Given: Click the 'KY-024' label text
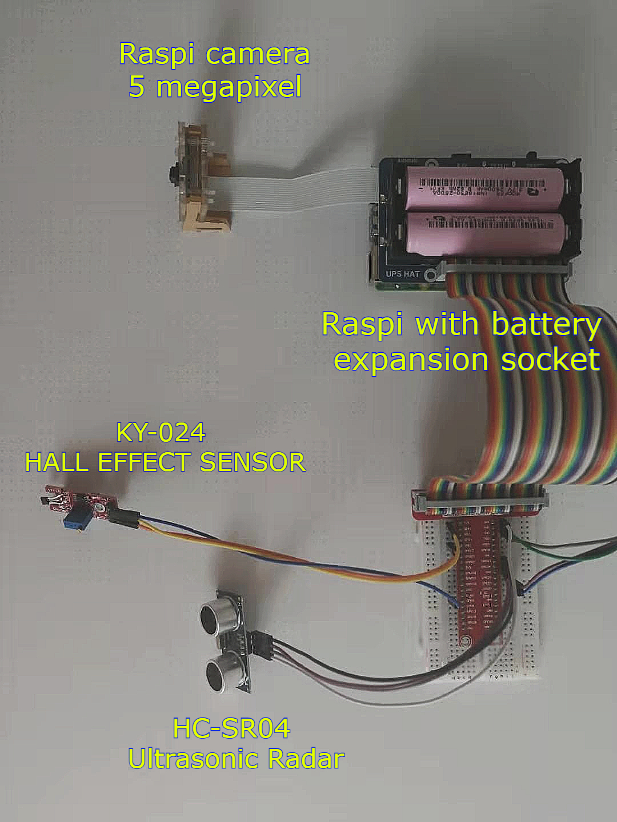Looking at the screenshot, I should click(x=161, y=433).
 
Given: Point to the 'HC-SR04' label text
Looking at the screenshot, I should click(x=231, y=728).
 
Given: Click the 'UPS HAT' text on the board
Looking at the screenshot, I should click(x=402, y=274).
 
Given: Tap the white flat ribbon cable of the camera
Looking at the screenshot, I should click(x=297, y=186).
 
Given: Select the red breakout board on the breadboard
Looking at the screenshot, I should click(x=483, y=571).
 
